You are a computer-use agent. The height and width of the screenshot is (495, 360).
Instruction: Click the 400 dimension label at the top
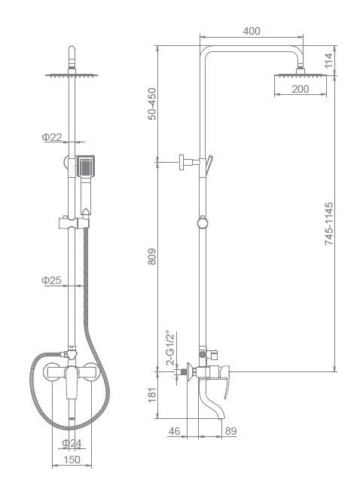click(x=252, y=31)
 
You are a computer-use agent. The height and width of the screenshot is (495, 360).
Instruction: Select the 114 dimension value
click(x=329, y=60)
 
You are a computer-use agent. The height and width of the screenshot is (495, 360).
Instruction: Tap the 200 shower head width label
click(x=300, y=89)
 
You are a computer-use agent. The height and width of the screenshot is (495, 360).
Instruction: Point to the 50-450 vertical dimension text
click(x=152, y=104)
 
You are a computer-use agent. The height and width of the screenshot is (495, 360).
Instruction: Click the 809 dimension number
click(x=152, y=257)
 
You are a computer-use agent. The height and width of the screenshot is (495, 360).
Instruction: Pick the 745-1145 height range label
click(x=329, y=224)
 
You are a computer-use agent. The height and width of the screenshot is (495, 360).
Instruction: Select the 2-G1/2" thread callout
click(x=170, y=348)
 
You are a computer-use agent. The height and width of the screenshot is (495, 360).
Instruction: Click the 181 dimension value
click(x=152, y=395)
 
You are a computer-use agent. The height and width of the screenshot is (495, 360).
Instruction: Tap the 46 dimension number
click(x=174, y=431)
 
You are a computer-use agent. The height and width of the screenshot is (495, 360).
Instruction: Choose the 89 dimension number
click(x=231, y=431)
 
